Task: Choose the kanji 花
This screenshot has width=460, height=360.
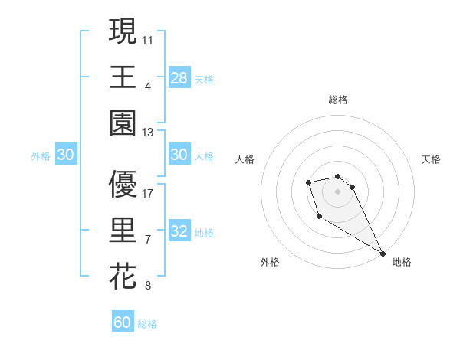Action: tap(123, 276)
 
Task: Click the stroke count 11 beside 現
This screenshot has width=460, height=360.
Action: tap(148, 38)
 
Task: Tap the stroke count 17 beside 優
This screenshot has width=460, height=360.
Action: tap(148, 193)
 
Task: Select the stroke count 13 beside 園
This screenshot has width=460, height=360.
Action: tap(148, 133)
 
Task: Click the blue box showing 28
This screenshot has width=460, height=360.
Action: tap(179, 77)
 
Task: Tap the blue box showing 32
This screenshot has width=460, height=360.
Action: tap(179, 231)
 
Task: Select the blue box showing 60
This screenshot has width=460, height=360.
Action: tap(123, 322)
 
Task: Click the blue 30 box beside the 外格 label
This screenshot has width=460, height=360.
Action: tap(65, 155)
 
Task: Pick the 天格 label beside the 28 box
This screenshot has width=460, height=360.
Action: tap(204, 78)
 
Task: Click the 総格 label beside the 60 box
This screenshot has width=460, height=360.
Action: tap(147, 324)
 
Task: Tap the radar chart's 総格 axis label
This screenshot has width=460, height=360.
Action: tap(338, 100)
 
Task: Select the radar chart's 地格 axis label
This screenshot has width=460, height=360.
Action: tap(402, 262)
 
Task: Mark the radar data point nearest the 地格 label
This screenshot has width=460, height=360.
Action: tap(383, 254)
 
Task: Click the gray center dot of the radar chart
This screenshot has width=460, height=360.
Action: tap(338, 191)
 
